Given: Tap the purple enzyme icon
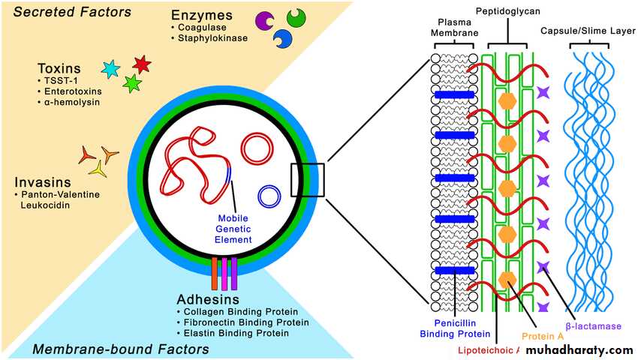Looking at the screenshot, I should click(x=264, y=21).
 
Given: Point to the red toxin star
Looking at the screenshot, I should click(x=141, y=64).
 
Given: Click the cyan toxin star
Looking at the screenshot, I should click(x=110, y=70).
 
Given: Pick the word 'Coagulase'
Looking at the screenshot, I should click(x=197, y=27).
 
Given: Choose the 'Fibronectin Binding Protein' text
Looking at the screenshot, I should click(x=241, y=322).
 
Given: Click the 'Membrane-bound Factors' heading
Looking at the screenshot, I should click(x=120, y=349).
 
